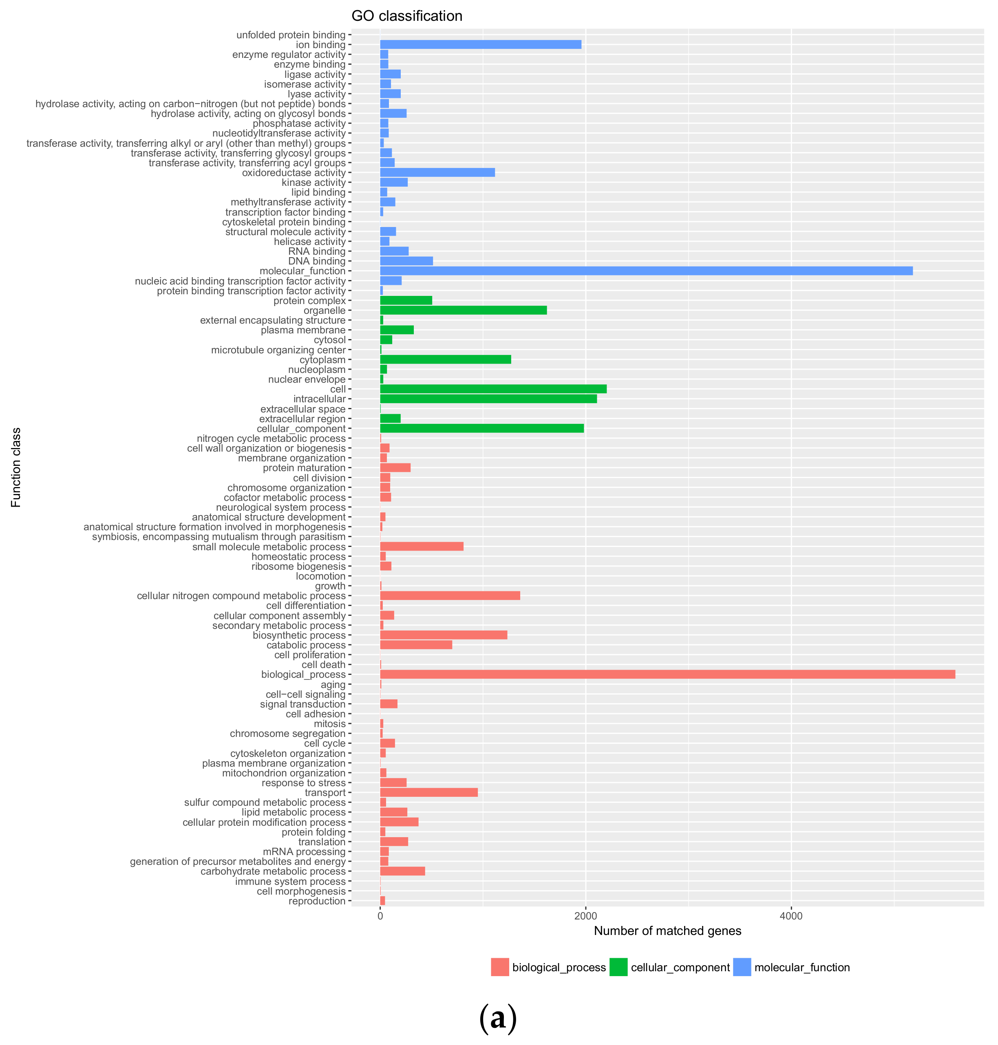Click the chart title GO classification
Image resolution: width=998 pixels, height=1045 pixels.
(406, 16)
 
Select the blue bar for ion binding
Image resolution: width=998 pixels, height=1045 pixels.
(480, 45)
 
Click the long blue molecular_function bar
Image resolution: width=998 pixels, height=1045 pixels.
(646, 271)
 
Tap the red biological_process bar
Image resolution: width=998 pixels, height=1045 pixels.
(667, 675)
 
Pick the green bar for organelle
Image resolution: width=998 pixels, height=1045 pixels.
(463, 311)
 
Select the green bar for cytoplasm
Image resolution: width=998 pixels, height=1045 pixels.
(445, 360)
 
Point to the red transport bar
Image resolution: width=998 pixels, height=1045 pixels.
(428, 793)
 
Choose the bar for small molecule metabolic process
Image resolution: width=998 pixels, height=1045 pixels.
(421, 547)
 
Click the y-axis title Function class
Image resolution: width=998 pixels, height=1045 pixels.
(16, 467)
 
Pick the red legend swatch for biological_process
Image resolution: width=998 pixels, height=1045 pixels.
(499, 967)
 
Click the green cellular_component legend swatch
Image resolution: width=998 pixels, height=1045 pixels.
(618, 967)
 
